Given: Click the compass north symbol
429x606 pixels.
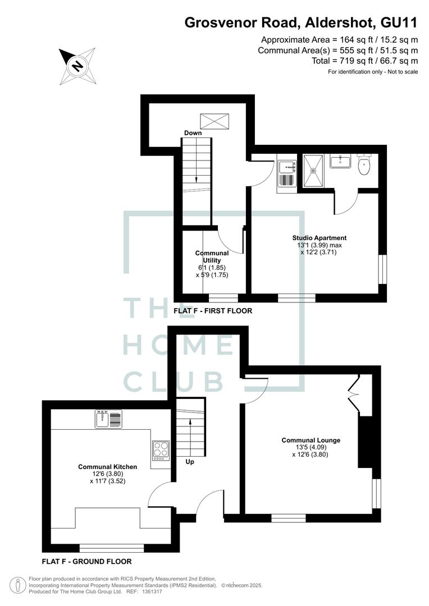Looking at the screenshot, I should pos(77,66).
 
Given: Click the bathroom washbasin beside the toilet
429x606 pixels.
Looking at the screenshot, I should pos(340,162).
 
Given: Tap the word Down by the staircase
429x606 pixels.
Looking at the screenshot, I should pos(193,133).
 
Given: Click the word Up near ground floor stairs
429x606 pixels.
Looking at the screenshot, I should pos(190,462).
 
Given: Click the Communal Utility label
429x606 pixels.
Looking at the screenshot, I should pos(212,256).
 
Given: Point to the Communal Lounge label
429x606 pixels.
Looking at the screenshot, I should pos(311,440).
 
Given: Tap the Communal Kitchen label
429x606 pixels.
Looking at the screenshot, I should pos(107,466).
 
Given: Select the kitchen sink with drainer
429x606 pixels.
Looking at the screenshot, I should pos(109,419).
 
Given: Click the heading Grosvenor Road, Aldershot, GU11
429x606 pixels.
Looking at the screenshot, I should pos(301,22).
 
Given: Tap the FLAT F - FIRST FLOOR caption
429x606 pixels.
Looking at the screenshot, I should pos(213,310).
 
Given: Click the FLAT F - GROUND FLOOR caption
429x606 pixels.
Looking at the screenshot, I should pos(86,561).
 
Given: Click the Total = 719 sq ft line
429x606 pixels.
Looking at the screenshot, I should pos(364,61).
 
